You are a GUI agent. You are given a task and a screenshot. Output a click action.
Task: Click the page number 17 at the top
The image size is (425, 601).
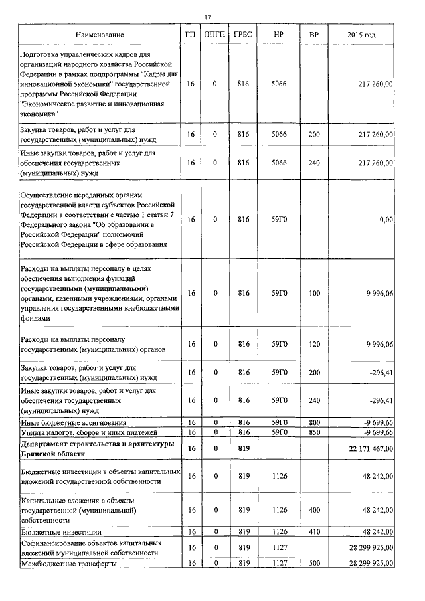pos(208,17)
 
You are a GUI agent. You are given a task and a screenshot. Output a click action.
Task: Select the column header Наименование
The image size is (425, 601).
pos(99,34)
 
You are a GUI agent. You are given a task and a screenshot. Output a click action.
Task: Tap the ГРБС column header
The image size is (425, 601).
pos(242,34)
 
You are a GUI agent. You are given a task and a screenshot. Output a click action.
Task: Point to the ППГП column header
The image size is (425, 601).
pos(215,34)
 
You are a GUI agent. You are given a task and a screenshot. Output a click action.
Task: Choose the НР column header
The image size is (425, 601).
pos(279,34)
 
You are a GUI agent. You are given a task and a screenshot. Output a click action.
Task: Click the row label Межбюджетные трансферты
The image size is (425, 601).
pos(69,563)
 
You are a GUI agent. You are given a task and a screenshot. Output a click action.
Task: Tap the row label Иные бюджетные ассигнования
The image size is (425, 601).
pos(74,422)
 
